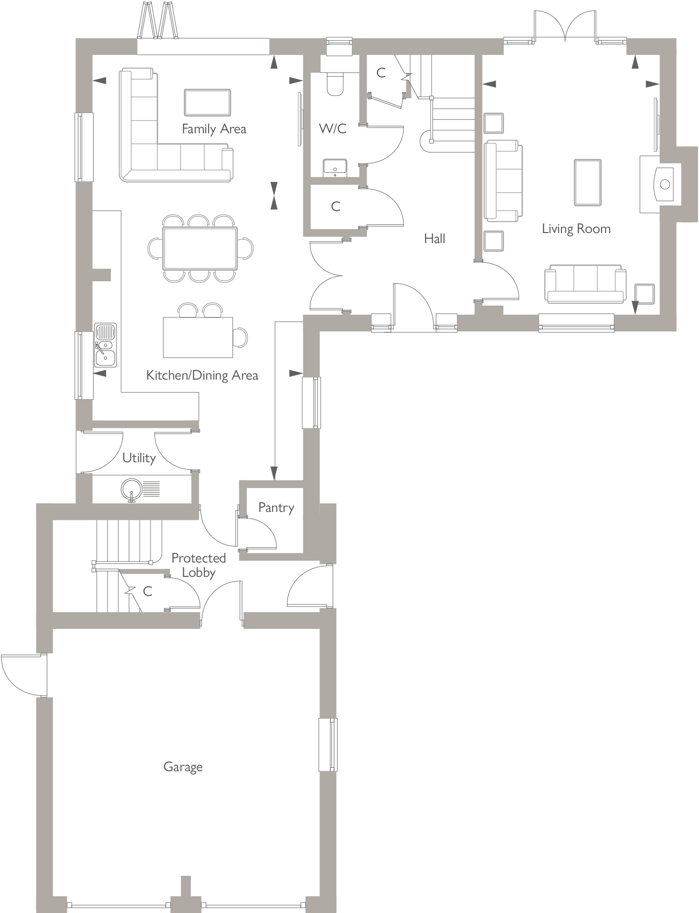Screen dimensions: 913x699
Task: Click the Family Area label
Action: tap(214, 129)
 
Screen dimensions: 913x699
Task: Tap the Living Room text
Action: tap(576, 229)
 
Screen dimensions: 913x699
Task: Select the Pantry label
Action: tap(276, 507)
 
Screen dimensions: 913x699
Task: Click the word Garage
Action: tap(183, 767)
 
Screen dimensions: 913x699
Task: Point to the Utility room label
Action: tap(139, 458)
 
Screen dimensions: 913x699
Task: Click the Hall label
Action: tap(434, 239)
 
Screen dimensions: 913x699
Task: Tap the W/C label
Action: tap(332, 128)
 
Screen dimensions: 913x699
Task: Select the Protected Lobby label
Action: tap(199, 565)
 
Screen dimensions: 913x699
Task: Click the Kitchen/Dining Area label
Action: tap(202, 375)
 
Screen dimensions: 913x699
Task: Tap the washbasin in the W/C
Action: tap(334, 168)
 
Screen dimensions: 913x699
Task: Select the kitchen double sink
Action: tap(106, 345)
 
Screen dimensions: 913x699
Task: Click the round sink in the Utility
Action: tap(131, 489)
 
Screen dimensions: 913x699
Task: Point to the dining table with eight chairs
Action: tap(200, 248)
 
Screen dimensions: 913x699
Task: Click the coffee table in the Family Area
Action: tap(207, 102)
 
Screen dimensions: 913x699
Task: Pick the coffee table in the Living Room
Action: tap(587, 182)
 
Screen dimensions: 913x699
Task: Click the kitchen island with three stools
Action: tap(198, 337)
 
